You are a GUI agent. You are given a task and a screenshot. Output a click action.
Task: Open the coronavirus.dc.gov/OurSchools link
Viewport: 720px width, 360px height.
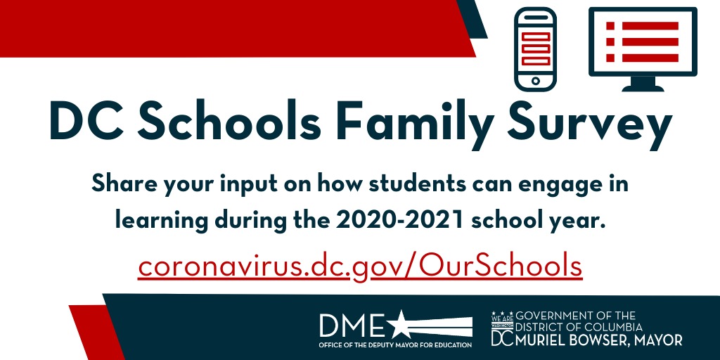coord(360,267)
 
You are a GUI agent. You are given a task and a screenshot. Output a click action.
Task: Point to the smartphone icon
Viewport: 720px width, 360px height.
coord(536,49)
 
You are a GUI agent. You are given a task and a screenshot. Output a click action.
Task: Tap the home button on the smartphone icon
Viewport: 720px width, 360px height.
coord(536,81)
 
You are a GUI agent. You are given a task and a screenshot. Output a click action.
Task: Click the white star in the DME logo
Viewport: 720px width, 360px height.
coord(401,325)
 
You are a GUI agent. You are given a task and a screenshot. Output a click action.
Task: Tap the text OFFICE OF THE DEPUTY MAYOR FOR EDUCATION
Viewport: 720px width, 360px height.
coord(395,345)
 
